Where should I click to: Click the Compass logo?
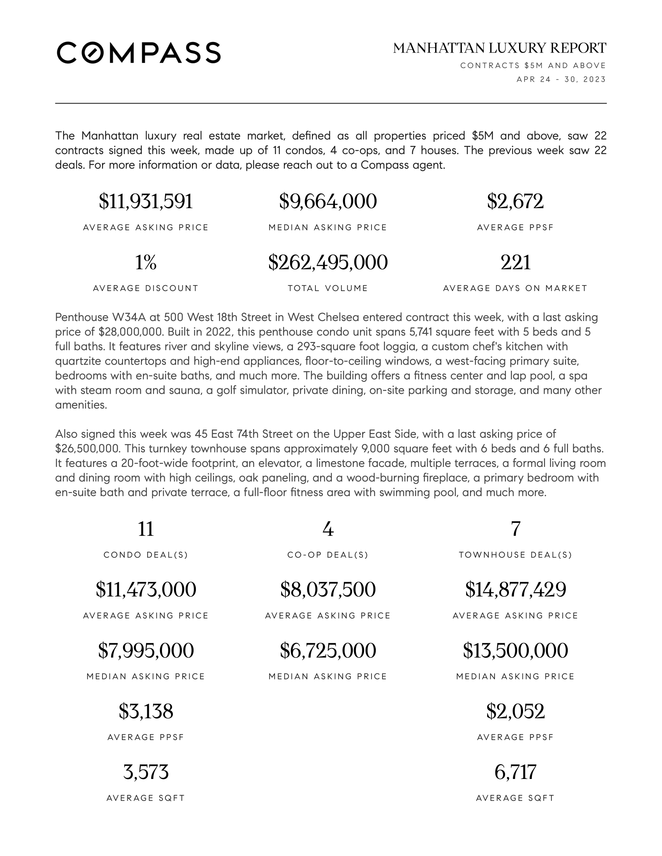pos(139,53)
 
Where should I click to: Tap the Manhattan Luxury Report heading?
pos(499,48)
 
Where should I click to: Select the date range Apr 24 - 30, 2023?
pos(561,79)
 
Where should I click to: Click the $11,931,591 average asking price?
pos(146,202)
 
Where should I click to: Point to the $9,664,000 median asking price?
pos(328,202)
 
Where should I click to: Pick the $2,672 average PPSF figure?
pos(515,202)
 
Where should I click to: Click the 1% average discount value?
pos(146,262)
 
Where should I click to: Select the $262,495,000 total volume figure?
pos(328,262)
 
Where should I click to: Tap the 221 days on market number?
pos(515,262)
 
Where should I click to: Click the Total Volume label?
pos(328,288)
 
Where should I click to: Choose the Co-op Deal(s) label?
pos(328,555)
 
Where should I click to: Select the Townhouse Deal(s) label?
pos(515,555)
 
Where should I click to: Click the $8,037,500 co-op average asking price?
pos(328,589)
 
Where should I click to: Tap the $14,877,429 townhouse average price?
pos(515,589)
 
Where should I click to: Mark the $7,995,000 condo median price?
pos(146,651)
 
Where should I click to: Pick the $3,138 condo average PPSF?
pos(146,711)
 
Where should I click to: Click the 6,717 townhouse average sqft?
pos(515,772)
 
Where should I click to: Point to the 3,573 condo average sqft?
pos(146,772)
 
